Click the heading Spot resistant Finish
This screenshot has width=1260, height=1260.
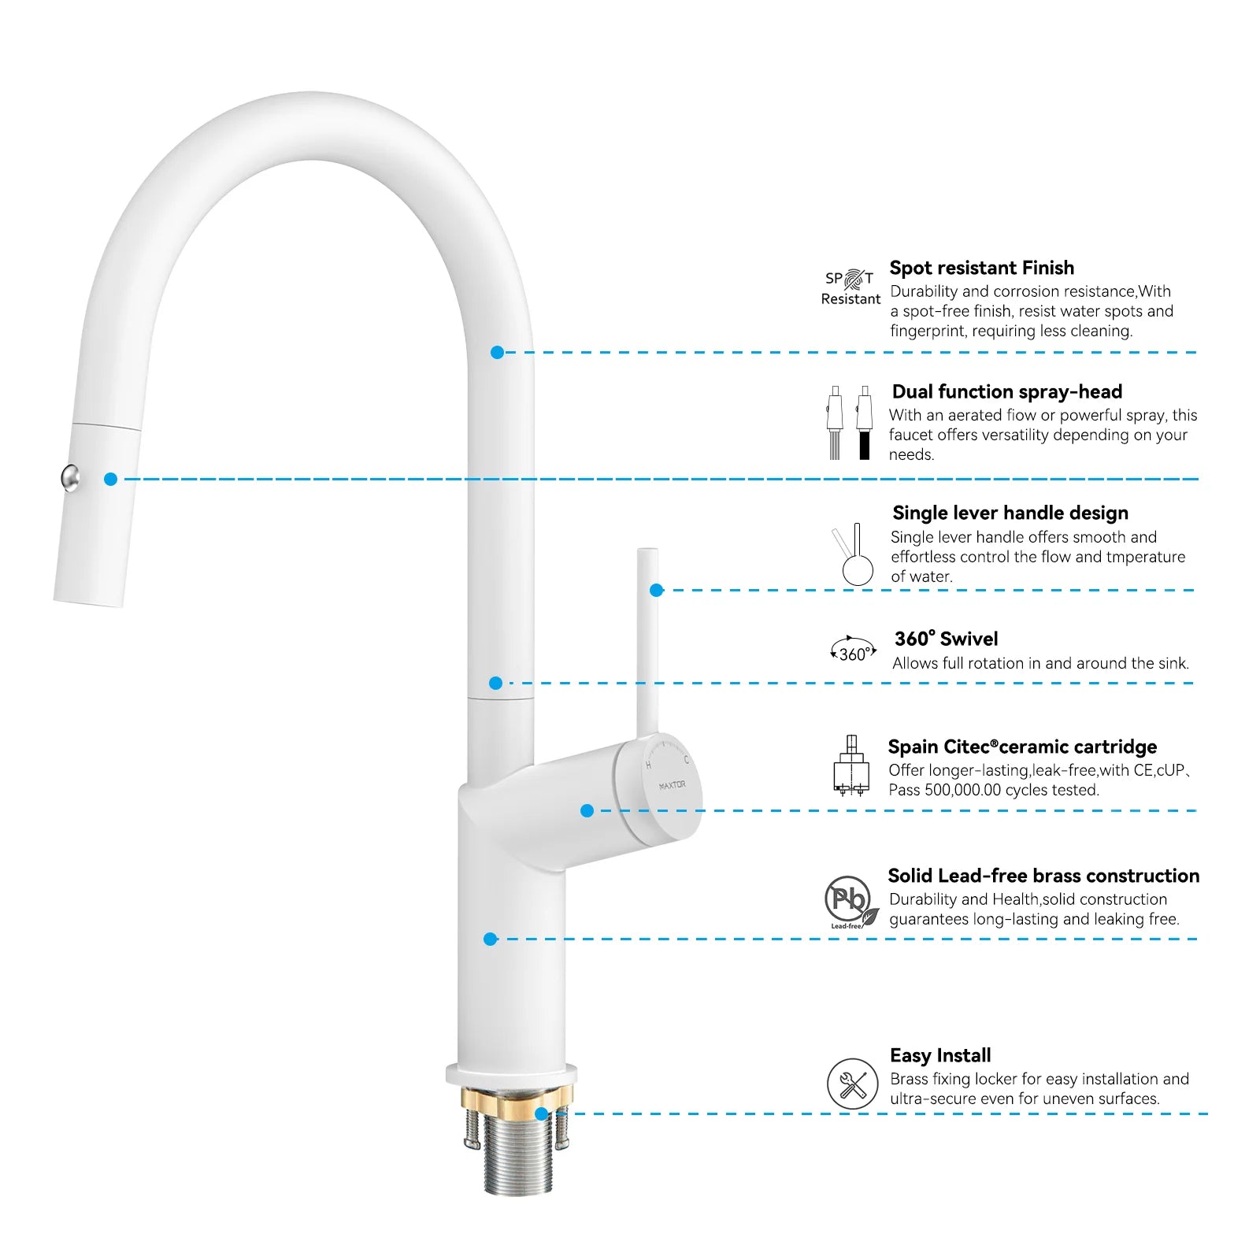pyautogui.click(x=981, y=268)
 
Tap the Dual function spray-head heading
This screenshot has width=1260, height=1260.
pyautogui.click(x=1006, y=391)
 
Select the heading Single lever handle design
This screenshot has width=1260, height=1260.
pyautogui.click(x=1010, y=513)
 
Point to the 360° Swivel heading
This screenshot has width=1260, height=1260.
pyautogui.click(x=946, y=639)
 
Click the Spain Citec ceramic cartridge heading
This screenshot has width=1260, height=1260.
pyautogui.click(x=1022, y=747)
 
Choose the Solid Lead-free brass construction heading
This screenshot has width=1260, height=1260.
pyautogui.click(x=1043, y=876)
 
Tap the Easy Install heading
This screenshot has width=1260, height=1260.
pyautogui.click(x=940, y=1055)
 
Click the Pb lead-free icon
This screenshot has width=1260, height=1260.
pyautogui.click(x=850, y=900)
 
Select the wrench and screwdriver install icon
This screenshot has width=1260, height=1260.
pyautogui.click(x=852, y=1084)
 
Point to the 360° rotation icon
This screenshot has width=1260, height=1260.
pyautogui.click(x=854, y=650)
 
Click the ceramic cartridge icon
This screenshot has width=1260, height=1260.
pyautogui.click(x=851, y=765)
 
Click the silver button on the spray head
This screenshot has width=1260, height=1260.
pyautogui.click(x=70, y=477)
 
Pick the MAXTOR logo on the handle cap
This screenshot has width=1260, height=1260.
pyautogui.click(x=672, y=785)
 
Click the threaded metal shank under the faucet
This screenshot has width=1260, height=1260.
pyautogui.click(x=517, y=1154)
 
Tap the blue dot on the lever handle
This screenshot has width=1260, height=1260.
pyautogui.click(x=657, y=590)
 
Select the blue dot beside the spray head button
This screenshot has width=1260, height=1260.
pyautogui.click(x=111, y=479)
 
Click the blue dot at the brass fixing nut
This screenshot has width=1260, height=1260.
pyautogui.click(x=541, y=1114)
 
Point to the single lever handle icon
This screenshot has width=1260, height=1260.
pyautogui.click(x=853, y=554)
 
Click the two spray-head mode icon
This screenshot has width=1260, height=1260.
pyautogui.click(x=850, y=422)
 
